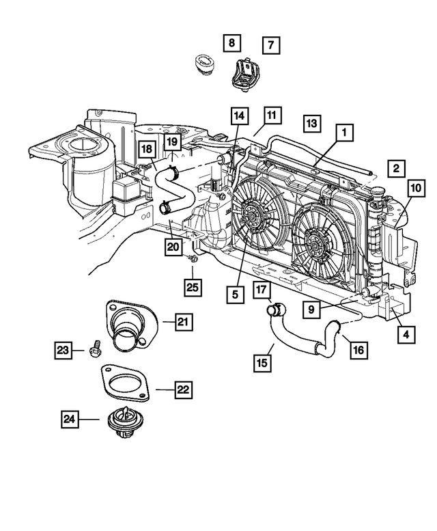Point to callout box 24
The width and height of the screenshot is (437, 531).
click(69, 422)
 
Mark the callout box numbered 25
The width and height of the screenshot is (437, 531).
click(193, 287)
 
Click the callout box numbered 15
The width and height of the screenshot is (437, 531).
click(262, 362)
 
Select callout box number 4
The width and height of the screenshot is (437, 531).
click(406, 335)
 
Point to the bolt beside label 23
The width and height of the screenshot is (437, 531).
click(95, 349)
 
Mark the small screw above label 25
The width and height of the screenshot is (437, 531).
click(193, 258)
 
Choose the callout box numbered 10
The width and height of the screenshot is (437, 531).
click(415, 189)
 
